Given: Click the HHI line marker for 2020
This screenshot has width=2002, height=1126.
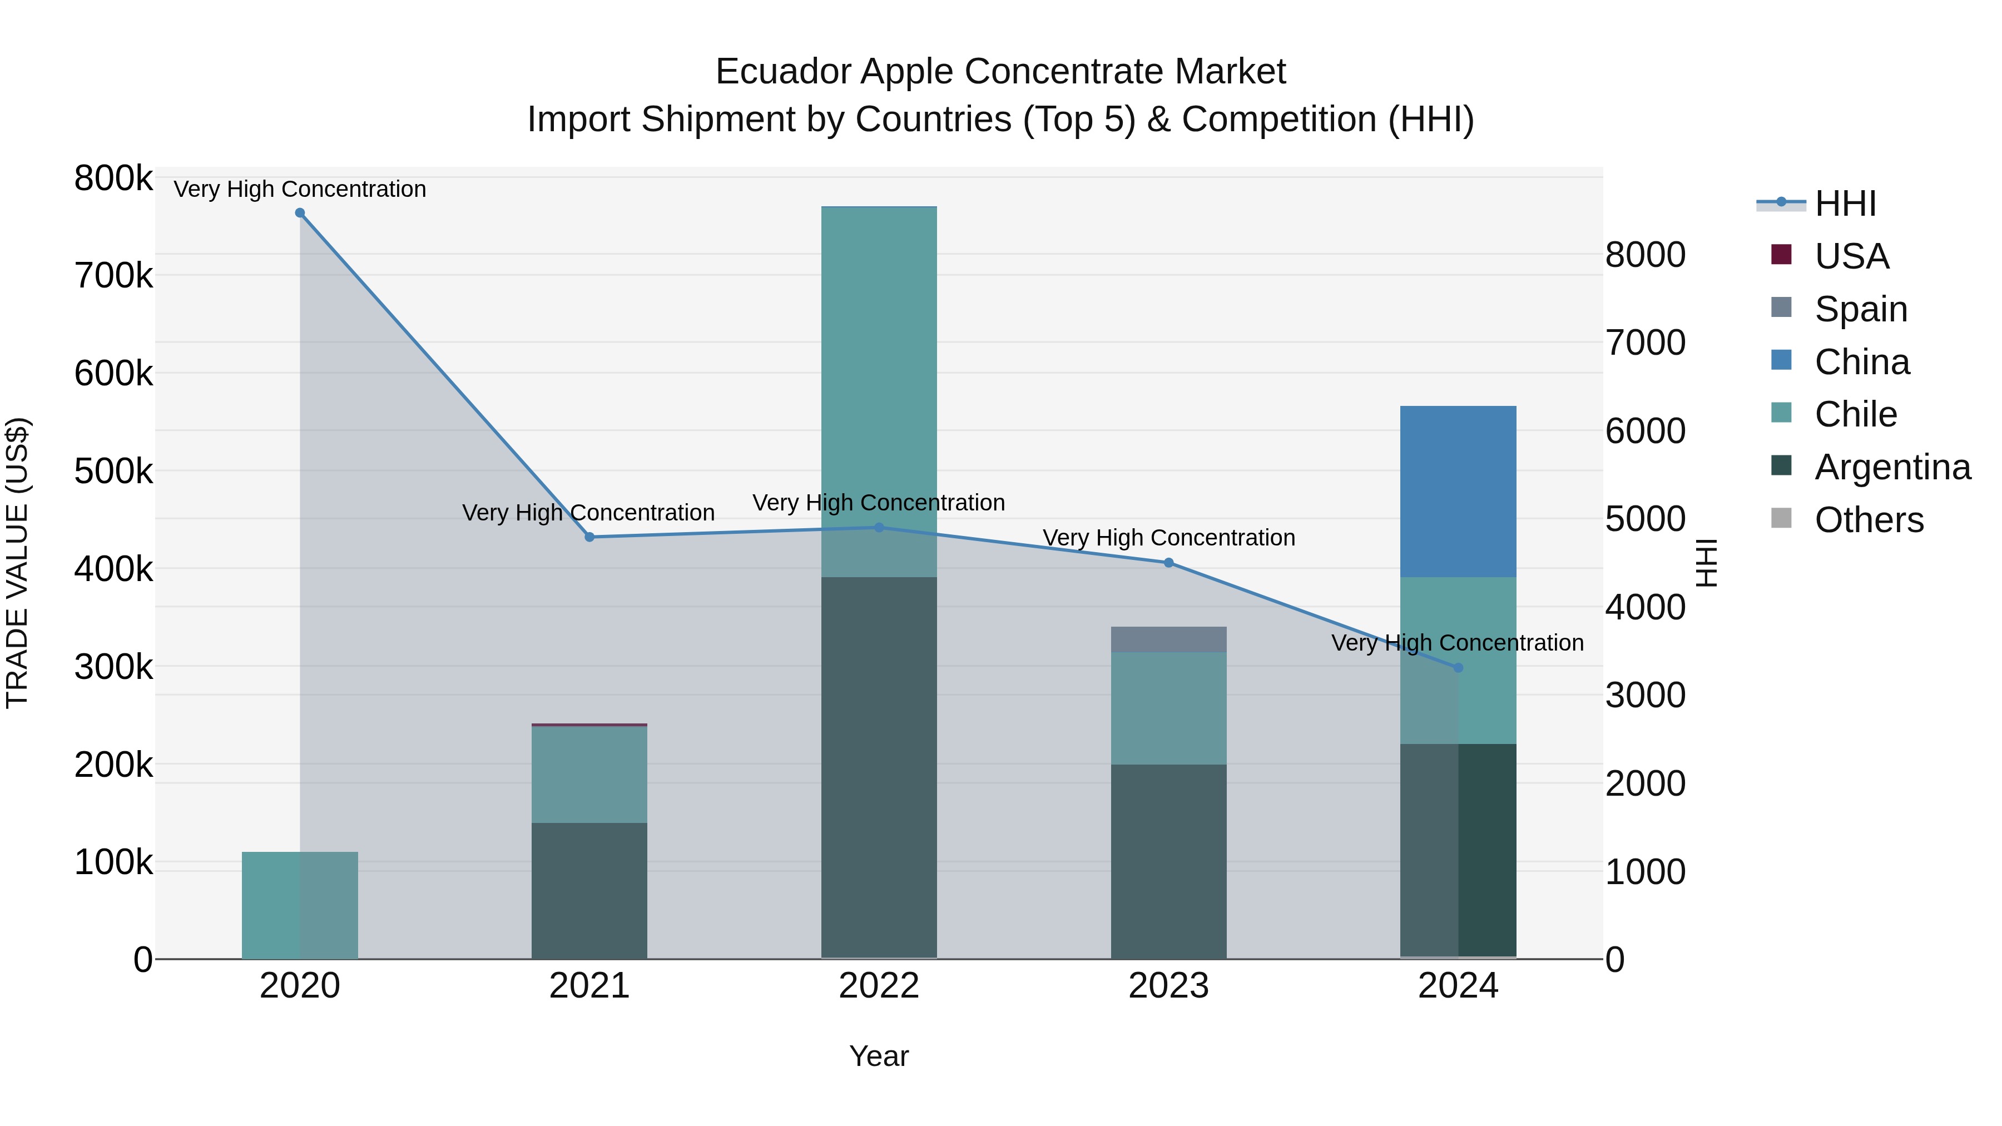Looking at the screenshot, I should (300, 213).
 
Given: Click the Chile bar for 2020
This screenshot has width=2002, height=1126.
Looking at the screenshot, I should (299, 905).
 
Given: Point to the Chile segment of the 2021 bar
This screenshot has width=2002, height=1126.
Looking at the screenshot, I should (589, 774).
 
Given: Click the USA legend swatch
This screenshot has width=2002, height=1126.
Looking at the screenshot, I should (1781, 255).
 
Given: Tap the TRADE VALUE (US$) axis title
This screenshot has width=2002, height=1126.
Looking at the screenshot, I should (17, 563).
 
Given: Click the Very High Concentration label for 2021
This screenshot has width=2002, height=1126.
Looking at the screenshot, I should (588, 513).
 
